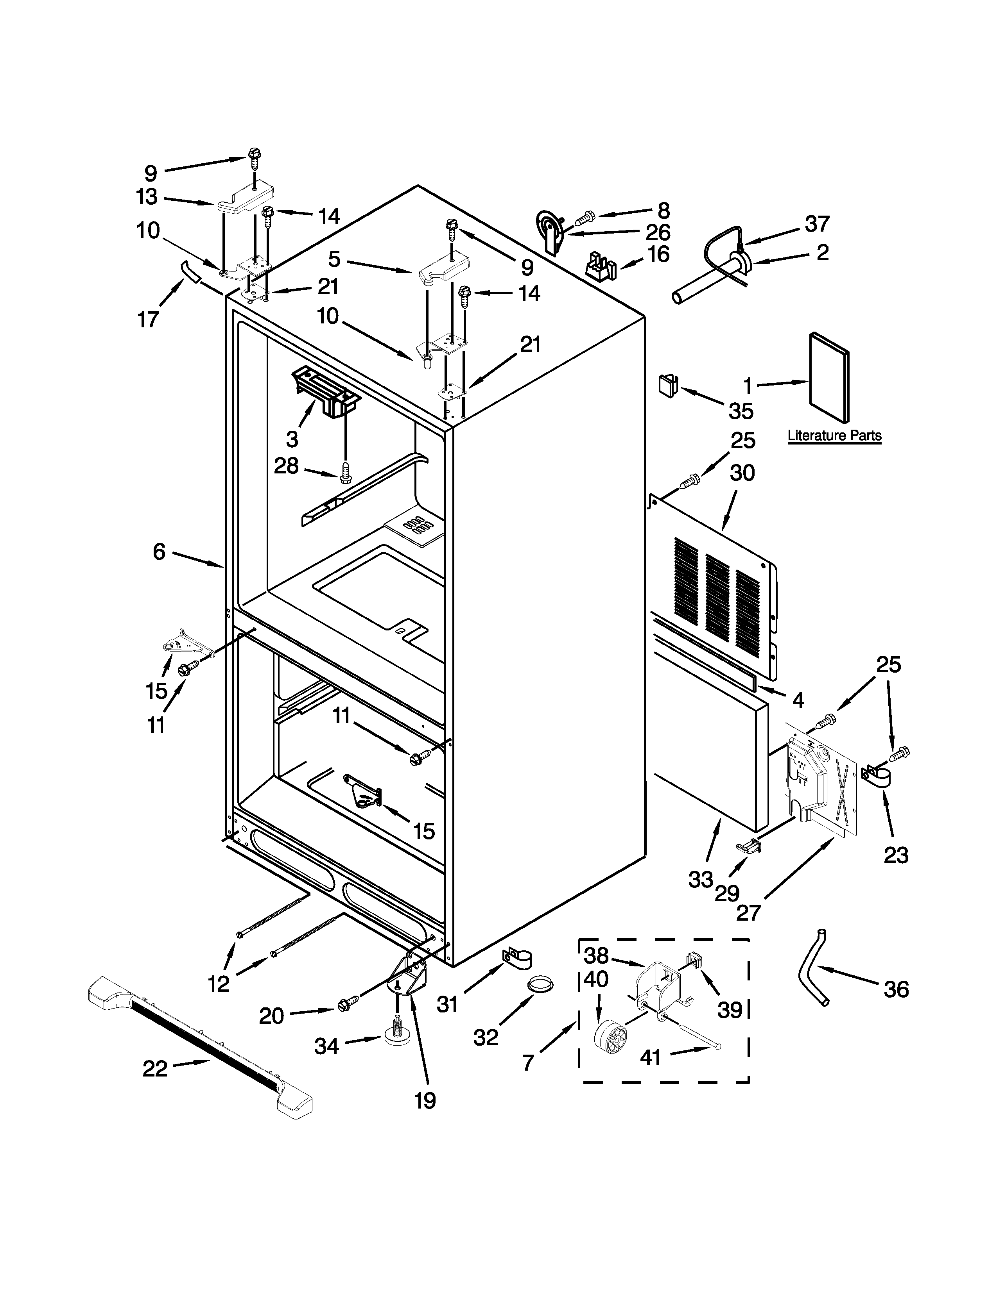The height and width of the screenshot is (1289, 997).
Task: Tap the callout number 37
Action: point(818,224)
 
